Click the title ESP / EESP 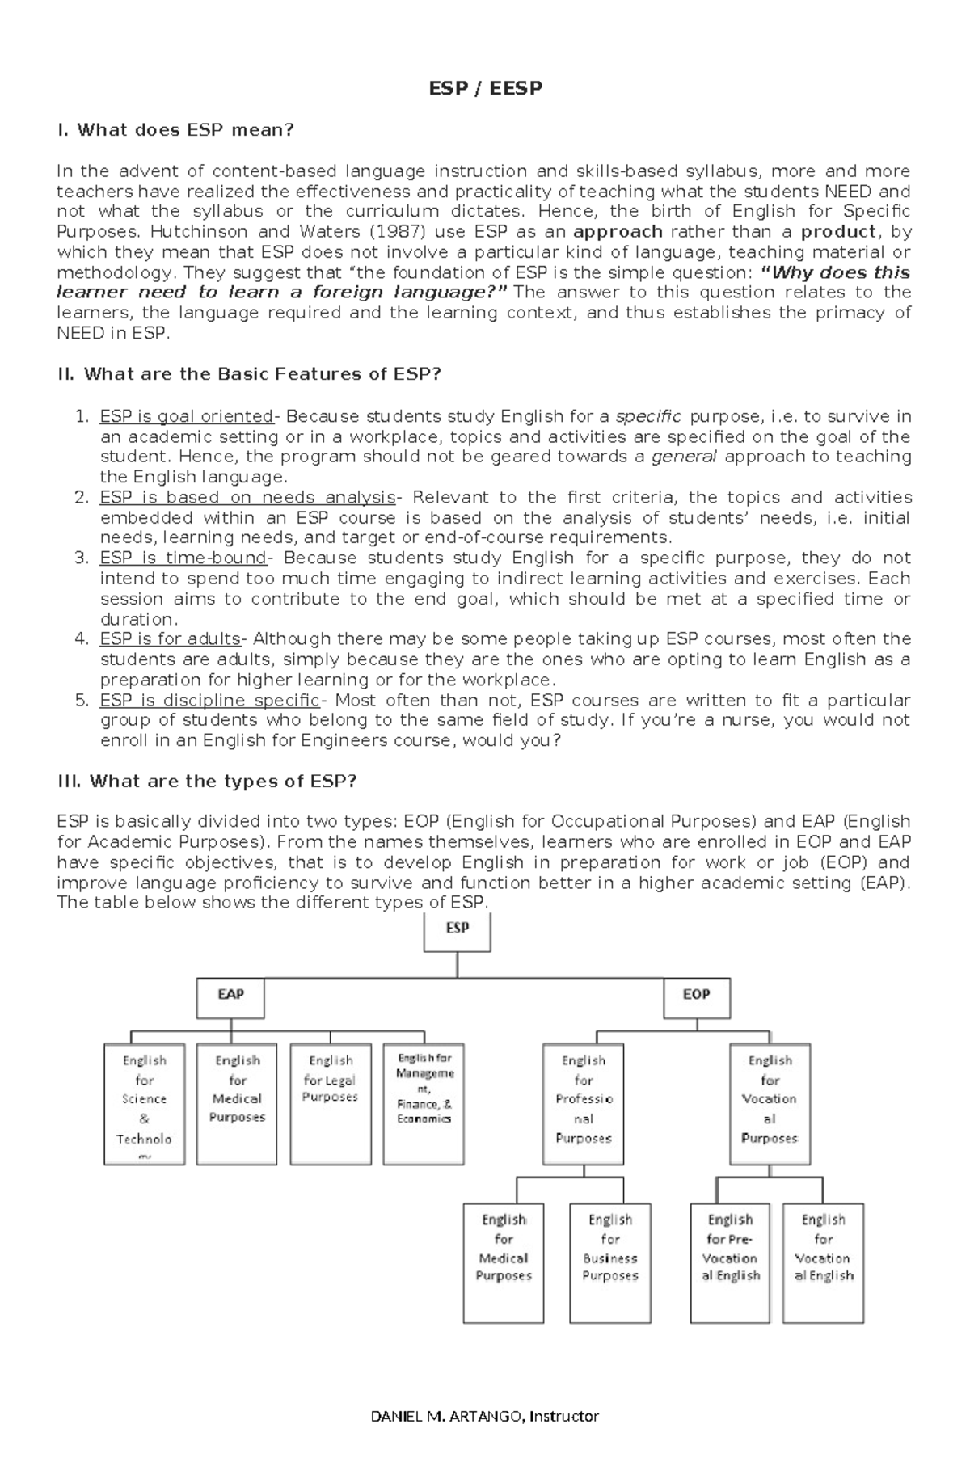[485, 88]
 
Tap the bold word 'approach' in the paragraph [618, 232]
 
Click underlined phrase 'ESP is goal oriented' [186, 416]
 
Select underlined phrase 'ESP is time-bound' [183, 558]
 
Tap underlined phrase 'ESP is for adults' [170, 638]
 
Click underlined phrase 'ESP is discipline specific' [209, 700]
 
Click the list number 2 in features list [81, 497]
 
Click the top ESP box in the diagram [458, 932]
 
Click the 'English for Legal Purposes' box [331, 1102]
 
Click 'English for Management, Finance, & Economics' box [424, 1102]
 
